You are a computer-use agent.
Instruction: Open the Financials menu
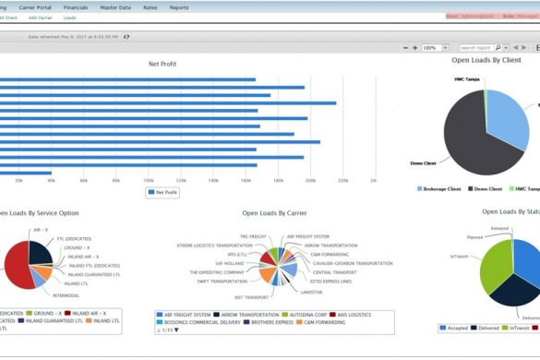click(x=77, y=6)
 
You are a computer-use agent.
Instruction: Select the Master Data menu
click(x=116, y=6)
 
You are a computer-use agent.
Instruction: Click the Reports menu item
click(x=179, y=6)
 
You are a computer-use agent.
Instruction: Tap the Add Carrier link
click(x=40, y=18)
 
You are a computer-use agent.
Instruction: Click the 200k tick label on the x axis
click(x=310, y=180)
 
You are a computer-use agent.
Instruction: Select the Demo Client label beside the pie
click(x=423, y=162)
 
